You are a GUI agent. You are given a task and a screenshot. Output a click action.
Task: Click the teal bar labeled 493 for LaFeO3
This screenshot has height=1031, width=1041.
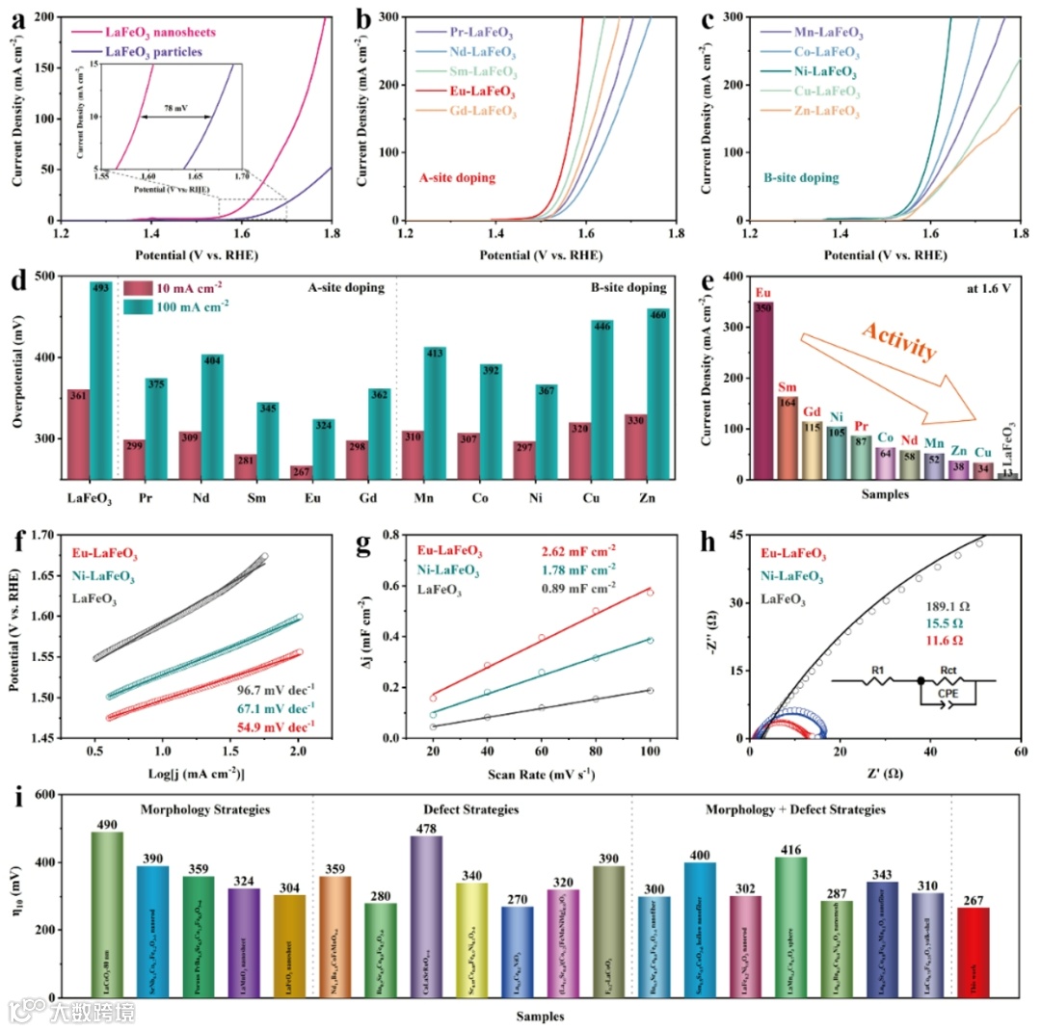point(101,376)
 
